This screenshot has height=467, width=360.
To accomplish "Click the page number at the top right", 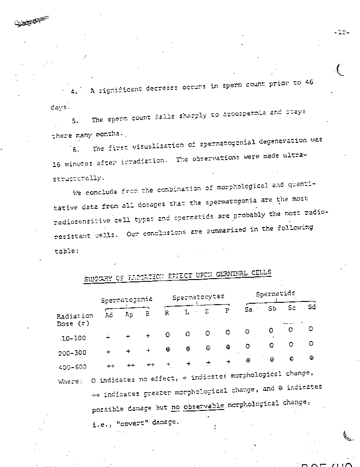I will (x=341, y=33).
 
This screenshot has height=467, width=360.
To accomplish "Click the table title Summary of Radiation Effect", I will (x=177, y=276).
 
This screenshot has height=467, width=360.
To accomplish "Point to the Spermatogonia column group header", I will (x=126, y=300).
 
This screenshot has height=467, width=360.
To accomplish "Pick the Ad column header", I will (x=109, y=314).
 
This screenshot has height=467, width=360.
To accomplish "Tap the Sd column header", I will (x=312, y=306).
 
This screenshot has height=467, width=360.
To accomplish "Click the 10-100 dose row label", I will (x=73, y=338).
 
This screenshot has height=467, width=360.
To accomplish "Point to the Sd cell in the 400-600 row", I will (x=311, y=358).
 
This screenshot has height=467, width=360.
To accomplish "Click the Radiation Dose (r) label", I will (x=74, y=319).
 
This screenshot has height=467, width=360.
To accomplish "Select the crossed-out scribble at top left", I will (x=31, y=21).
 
